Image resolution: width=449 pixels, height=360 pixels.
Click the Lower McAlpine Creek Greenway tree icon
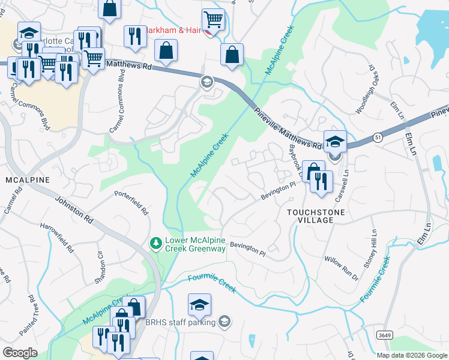[155, 243]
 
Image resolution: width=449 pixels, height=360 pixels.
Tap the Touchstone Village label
[310, 216]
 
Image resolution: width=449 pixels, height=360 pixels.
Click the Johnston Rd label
[74, 210]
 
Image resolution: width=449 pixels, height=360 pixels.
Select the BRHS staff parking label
[180, 322]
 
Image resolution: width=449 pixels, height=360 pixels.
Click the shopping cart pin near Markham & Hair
[213, 20]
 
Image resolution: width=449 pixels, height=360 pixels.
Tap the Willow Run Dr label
[341, 269]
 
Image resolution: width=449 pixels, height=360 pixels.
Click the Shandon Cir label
[100, 262]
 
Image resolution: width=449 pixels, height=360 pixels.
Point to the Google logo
[20, 352]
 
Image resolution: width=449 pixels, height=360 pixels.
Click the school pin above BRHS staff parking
[199, 305]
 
